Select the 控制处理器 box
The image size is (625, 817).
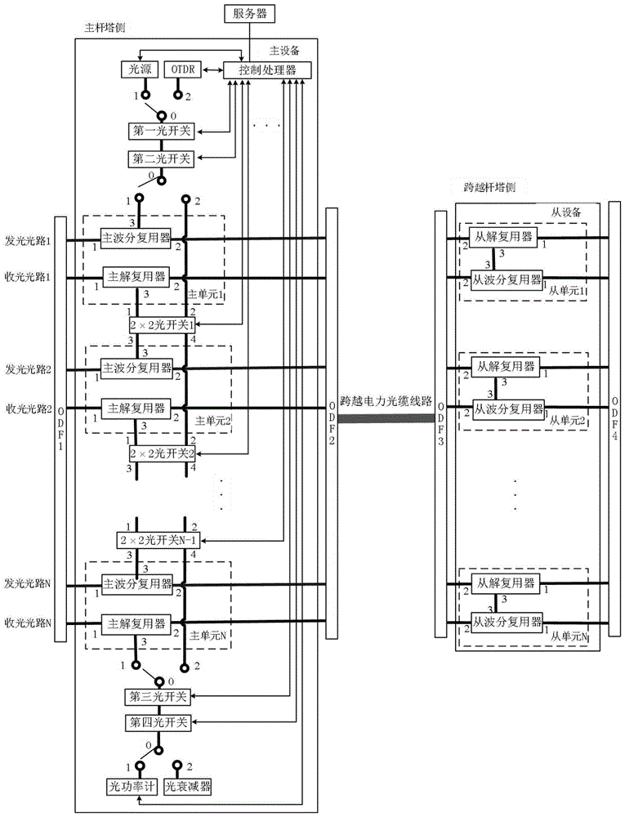[x=266, y=71]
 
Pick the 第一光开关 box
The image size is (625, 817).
[x=161, y=132]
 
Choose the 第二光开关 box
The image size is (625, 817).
[x=161, y=158]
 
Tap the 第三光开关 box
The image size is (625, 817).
[x=161, y=696]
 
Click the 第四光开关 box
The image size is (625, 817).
[x=161, y=723]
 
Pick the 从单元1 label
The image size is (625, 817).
[x=569, y=289]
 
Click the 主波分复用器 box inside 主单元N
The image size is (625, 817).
[x=137, y=584]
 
